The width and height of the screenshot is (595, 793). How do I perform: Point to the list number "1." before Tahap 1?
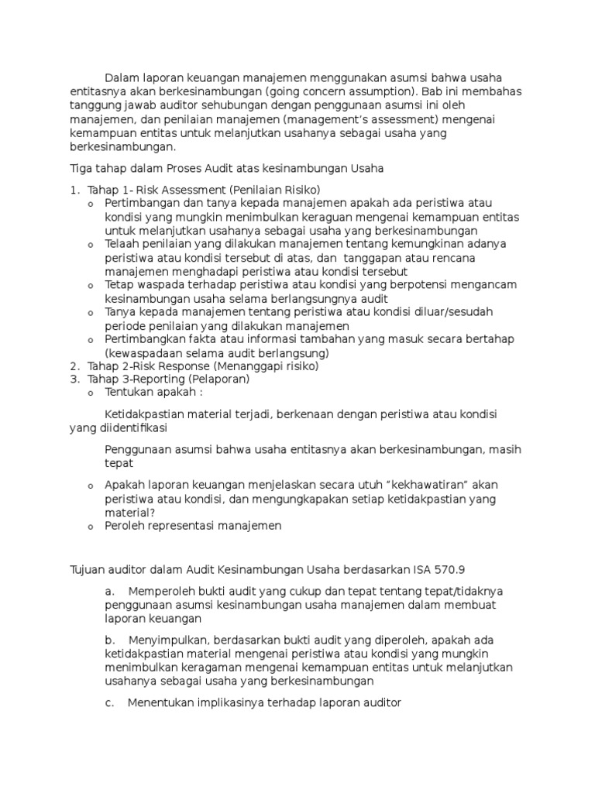pos(74,190)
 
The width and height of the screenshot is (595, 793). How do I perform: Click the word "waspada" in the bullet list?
pos(160,285)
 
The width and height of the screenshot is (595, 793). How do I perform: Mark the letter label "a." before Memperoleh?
pos(109,592)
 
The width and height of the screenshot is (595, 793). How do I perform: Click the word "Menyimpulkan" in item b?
pos(167,640)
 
